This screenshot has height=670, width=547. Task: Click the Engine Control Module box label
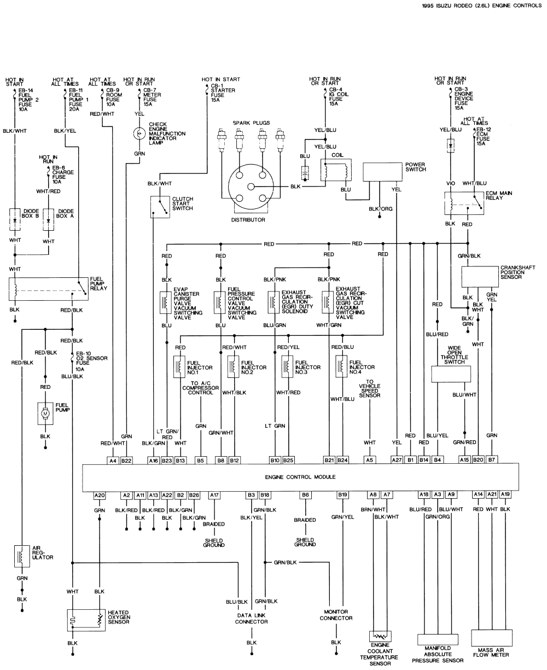pyautogui.click(x=300, y=477)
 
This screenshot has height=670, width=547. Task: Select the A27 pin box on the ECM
pyautogui.click(x=397, y=461)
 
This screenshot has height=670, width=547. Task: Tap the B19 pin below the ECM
pyautogui.click(x=342, y=494)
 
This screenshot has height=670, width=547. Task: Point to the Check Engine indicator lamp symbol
pyautogui.click(x=140, y=133)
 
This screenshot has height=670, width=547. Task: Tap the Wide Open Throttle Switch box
pyautogui.click(x=451, y=374)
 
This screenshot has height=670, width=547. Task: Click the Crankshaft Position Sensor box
pyautogui.click(x=479, y=277)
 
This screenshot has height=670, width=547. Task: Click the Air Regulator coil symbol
pyautogui.click(x=22, y=556)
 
